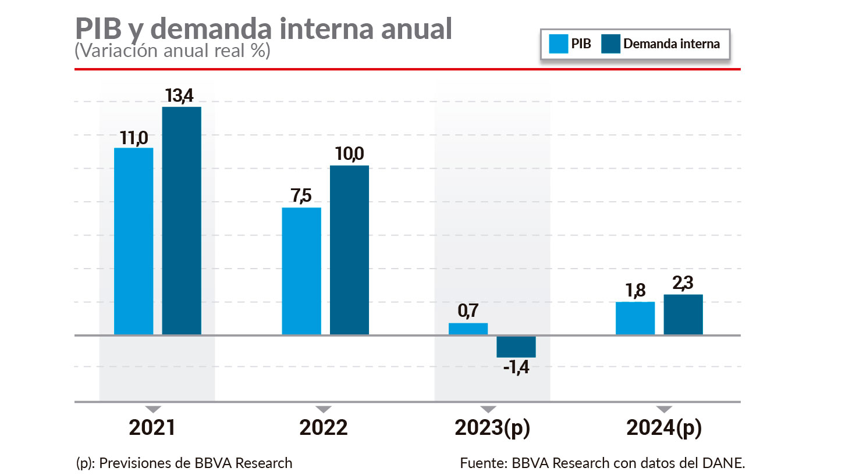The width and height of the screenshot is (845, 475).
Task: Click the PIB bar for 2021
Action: pyautogui.click(x=133, y=241)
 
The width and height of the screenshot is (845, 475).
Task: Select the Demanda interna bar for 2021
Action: pyautogui.click(x=182, y=221)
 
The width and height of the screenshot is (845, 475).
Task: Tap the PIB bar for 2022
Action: pyautogui.click(x=301, y=271)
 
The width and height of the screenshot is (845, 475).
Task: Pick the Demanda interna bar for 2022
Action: pyautogui.click(x=349, y=250)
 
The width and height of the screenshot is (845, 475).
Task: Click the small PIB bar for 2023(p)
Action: pyautogui.click(x=468, y=329)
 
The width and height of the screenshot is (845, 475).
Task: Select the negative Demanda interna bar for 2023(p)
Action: pyautogui.click(x=516, y=347)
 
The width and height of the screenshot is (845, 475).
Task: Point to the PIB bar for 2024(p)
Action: pyautogui.click(x=635, y=318)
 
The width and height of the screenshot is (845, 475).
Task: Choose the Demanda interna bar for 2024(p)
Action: pyautogui.click(x=683, y=315)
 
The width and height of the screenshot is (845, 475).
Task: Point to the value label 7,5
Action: pyautogui.click(x=301, y=197)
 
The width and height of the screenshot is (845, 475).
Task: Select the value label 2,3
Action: pyautogui.click(x=683, y=284)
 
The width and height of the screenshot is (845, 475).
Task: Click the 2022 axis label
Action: pyautogui.click(x=323, y=428)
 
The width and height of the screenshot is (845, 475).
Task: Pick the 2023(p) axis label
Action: pyautogui.click(x=492, y=428)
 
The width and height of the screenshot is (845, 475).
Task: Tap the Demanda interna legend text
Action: pyautogui.click(x=671, y=44)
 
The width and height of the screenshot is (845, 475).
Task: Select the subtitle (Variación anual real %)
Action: pyautogui.click(x=172, y=51)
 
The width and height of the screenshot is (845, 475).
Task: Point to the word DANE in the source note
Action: pyautogui.click(x=727, y=463)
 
